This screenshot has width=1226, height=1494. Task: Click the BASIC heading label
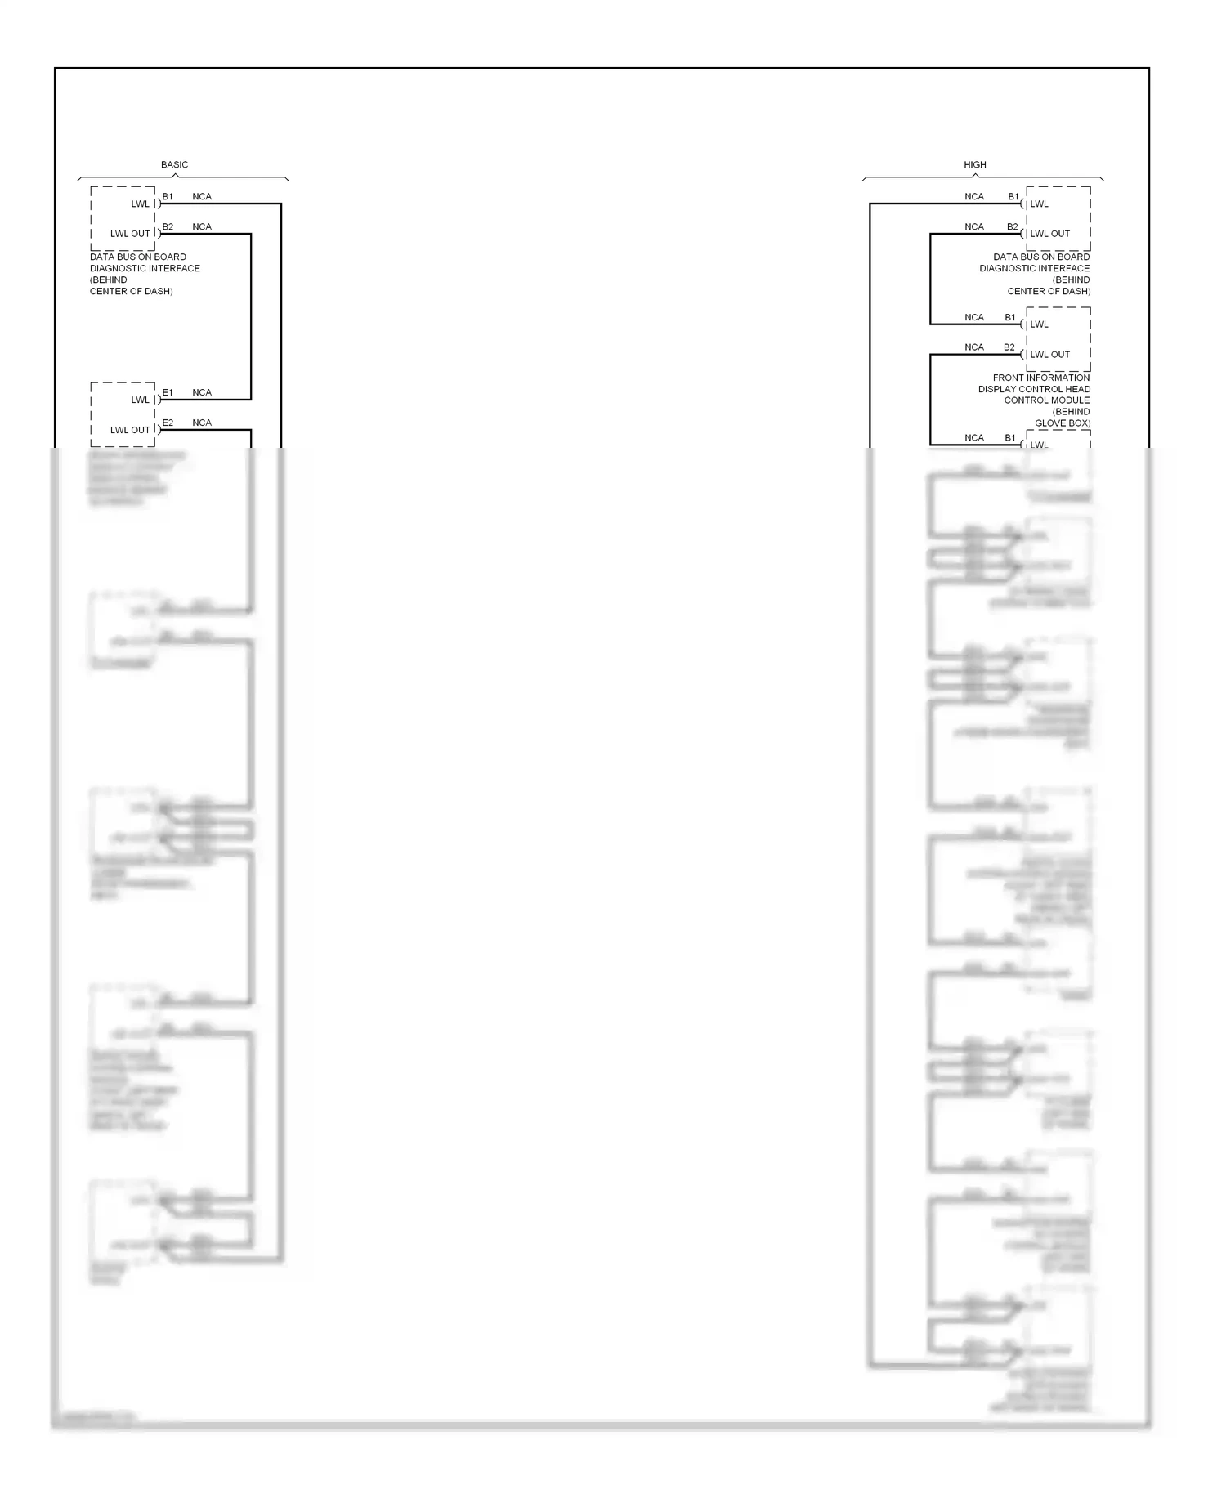click(x=174, y=164)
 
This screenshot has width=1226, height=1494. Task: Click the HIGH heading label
click(x=974, y=164)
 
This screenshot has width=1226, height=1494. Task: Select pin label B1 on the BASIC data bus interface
click(x=168, y=196)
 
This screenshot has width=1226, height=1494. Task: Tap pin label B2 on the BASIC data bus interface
click(x=168, y=226)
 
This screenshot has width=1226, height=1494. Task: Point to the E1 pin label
click(x=168, y=392)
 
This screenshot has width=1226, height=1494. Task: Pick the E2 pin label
click(x=168, y=423)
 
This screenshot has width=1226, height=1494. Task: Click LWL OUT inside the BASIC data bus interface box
click(x=130, y=234)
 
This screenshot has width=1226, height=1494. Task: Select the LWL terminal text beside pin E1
click(x=141, y=400)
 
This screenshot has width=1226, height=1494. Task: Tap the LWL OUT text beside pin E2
click(x=130, y=430)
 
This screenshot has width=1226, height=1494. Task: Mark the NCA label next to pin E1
click(x=202, y=392)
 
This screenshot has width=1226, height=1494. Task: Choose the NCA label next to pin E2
click(x=202, y=423)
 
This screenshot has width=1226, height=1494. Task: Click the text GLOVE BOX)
click(x=1062, y=423)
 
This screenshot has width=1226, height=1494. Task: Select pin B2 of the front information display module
click(x=1009, y=347)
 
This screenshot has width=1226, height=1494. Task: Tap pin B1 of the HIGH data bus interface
click(x=1013, y=196)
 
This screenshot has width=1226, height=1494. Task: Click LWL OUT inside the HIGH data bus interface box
click(x=1050, y=234)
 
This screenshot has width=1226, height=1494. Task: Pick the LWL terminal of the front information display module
click(x=1039, y=324)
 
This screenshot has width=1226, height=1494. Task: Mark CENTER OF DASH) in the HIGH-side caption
click(x=1048, y=291)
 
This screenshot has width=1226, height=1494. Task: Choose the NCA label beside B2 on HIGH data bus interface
click(x=973, y=226)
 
